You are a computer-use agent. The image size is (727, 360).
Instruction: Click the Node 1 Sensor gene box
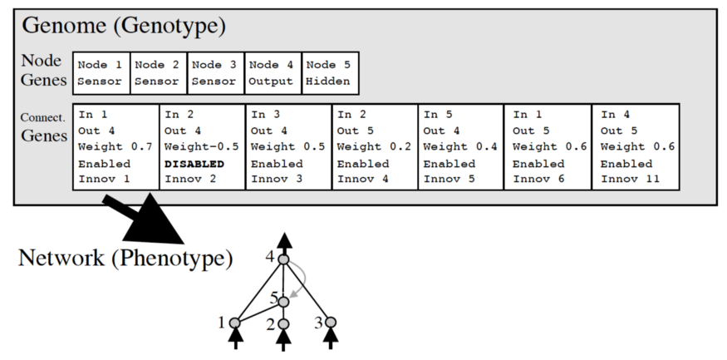pyautogui.click(x=101, y=73)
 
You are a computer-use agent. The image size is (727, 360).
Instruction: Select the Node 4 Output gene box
pyautogui.click(x=272, y=73)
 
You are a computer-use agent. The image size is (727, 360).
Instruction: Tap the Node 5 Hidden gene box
pyautogui.click(x=330, y=73)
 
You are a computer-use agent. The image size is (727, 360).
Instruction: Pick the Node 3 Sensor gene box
pyautogui.click(x=214, y=73)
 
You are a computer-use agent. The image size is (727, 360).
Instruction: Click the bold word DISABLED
pyautogui.click(x=194, y=164)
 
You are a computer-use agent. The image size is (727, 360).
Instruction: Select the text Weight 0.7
pyautogui.click(x=115, y=147)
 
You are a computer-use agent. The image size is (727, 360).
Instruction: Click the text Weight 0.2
pyautogui.click(x=374, y=147)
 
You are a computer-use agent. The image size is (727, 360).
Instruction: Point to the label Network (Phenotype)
pyautogui.click(x=125, y=258)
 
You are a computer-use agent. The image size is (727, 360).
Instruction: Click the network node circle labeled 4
pyautogui.click(x=283, y=260)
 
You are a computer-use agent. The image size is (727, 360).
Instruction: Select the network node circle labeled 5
pyautogui.click(x=283, y=300)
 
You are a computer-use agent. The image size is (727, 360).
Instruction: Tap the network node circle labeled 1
pyautogui.click(x=235, y=323)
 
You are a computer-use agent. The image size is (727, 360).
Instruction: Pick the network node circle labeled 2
pyautogui.click(x=283, y=323)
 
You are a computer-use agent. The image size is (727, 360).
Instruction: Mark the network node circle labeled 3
pyautogui.click(x=330, y=322)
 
